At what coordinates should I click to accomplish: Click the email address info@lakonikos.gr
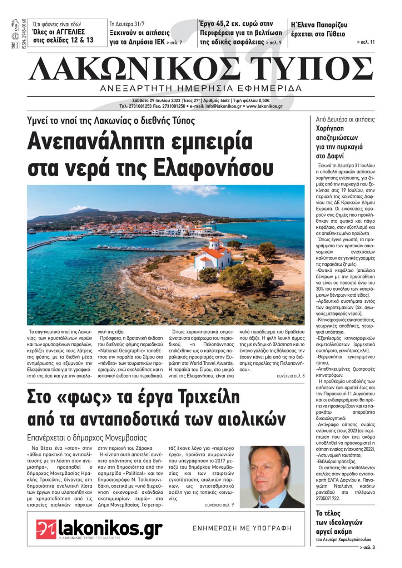223,106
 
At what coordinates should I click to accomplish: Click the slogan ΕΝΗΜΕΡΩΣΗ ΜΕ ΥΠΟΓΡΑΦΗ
242,528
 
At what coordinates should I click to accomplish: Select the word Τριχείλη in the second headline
205,397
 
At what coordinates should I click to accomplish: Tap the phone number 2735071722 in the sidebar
328,498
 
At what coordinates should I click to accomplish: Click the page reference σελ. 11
366,42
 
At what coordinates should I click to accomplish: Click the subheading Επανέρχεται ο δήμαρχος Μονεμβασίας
87,438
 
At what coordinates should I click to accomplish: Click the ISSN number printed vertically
24,35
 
